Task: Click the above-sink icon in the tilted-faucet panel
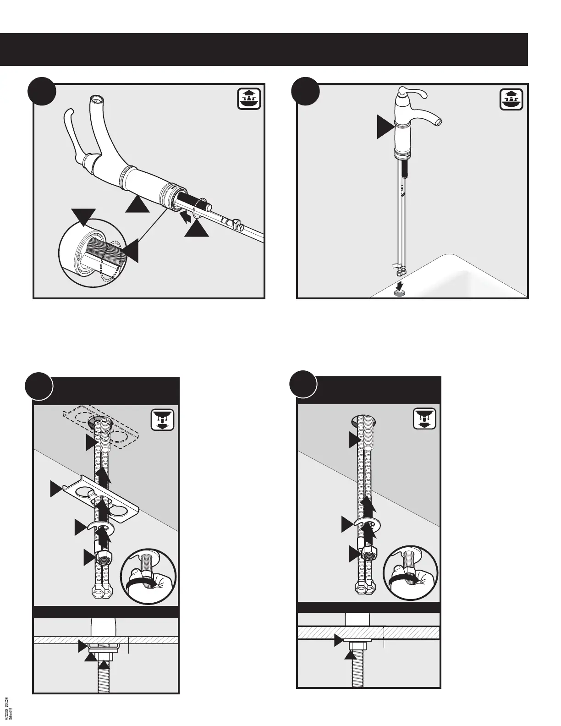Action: pyautogui.click(x=249, y=99)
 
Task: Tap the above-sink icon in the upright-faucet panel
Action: pyautogui.click(x=511, y=99)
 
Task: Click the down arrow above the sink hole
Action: pyautogui.click(x=401, y=285)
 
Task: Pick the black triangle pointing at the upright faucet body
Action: pyautogui.click(x=385, y=126)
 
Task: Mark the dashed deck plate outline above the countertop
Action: pyautogui.click(x=101, y=426)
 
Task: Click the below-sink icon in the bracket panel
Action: pyautogui.click(x=162, y=419)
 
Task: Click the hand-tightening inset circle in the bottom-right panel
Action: pyautogui.click(x=410, y=574)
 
